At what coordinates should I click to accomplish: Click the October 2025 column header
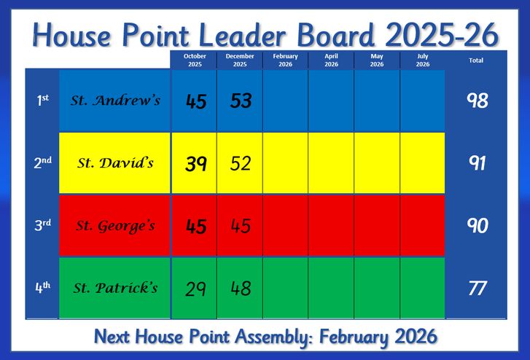tap(195, 60)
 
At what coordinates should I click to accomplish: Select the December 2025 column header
tap(240, 60)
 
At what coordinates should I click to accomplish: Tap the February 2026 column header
tap(286, 60)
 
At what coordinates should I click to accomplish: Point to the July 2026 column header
tap(423, 60)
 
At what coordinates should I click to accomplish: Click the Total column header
tap(476, 60)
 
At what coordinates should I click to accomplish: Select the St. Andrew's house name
tap(115, 101)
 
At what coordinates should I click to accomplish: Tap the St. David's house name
tap(115, 163)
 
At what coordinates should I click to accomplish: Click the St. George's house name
tap(115, 226)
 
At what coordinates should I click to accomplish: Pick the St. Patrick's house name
tap(115, 288)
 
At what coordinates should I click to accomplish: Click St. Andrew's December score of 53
tap(241, 101)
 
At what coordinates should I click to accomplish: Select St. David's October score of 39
tap(195, 164)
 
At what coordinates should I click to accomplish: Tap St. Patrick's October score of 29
tap(195, 289)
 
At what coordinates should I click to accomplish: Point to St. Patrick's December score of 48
tap(241, 289)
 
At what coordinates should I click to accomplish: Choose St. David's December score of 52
tap(241, 163)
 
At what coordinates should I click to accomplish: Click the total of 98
tap(478, 101)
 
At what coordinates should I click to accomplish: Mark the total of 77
tap(478, 289)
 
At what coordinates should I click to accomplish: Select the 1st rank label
tap(43, 100)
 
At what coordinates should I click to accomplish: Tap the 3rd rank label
tap(43, 225)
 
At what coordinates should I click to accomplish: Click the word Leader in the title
tap(242, 35)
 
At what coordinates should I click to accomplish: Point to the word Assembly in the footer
tap(273, 337)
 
